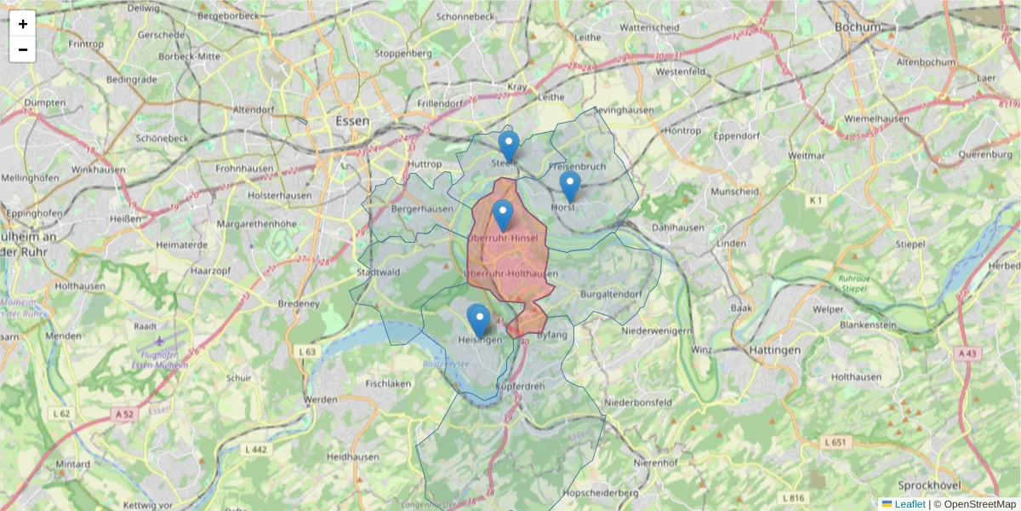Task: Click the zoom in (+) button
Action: tap(23, 24)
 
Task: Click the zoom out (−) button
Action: tap(23, 49)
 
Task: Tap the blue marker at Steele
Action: tap(509, 146)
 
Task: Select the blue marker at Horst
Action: tap(570, 186)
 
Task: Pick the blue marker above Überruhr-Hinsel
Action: tap(503, 215)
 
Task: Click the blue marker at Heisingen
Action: tap(479, 321)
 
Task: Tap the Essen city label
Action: tap(352, 121)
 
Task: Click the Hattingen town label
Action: tap(775, 350)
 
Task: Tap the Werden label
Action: tap(322, 399)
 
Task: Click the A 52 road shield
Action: tap(123, 414)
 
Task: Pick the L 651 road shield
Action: tap(837, 442)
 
